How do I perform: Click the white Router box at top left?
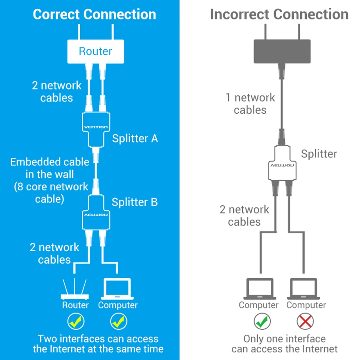click(96, 51)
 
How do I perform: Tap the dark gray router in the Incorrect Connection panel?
click(282, 51)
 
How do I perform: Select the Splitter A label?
click(135, 138)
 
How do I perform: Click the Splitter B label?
click(135, 202)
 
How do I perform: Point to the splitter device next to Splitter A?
click(95, 127)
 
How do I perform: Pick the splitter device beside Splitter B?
click(95, 213)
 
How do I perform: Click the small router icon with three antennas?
click(75, 289)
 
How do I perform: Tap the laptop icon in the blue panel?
click(117, 289)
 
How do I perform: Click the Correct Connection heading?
click(94, 14)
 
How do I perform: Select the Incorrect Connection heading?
click(279, 14)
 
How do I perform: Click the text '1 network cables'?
click(250, 104)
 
